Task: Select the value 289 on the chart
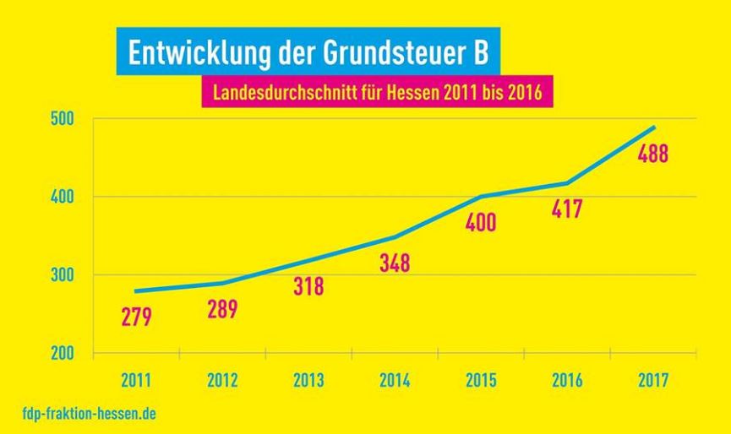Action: pos(222,308)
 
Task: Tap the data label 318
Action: pos(308,285)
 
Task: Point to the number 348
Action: pos(394,263)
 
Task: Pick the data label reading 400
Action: pos(480,223)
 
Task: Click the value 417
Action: pos(566,209)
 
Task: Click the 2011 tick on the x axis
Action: pos(136,380)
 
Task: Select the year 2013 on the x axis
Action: pos(308,380)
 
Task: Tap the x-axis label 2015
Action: pos(480,380)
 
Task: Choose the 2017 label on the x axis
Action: pos(652,380)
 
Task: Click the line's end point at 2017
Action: pos(653,127)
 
